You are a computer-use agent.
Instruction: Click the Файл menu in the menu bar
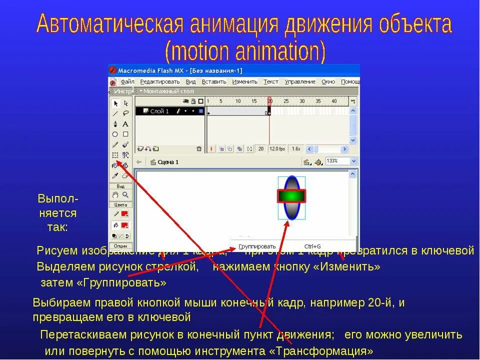[x=127, y=81]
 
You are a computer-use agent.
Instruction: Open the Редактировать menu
[x=159, y=81]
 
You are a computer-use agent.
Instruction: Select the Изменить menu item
[x=244, y=81]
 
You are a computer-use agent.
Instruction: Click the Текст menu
[x=270, y=81]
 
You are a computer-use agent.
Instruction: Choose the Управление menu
[x=300, y=81]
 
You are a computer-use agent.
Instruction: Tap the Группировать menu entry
[x=257, y=246]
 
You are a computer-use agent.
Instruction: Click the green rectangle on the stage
[x=291, y=196]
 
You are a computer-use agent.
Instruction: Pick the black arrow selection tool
[x=115, y=103]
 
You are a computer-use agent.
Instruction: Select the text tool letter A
[x=125, y=124]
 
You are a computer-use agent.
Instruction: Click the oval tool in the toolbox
[x=115, y=134]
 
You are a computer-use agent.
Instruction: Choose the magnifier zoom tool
[x=125, y=194]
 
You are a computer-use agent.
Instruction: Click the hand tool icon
[x=115, y=194]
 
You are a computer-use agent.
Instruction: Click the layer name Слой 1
[x=159, y=111]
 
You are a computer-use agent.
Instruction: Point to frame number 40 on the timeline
[x=333, y=101]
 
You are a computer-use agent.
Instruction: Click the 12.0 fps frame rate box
[x=276, y=149]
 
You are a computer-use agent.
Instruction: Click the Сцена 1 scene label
[x=168, y=162]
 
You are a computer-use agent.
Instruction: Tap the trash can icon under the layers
[x=199, y=149]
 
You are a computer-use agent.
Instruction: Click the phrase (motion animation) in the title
[x=244, y=51]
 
